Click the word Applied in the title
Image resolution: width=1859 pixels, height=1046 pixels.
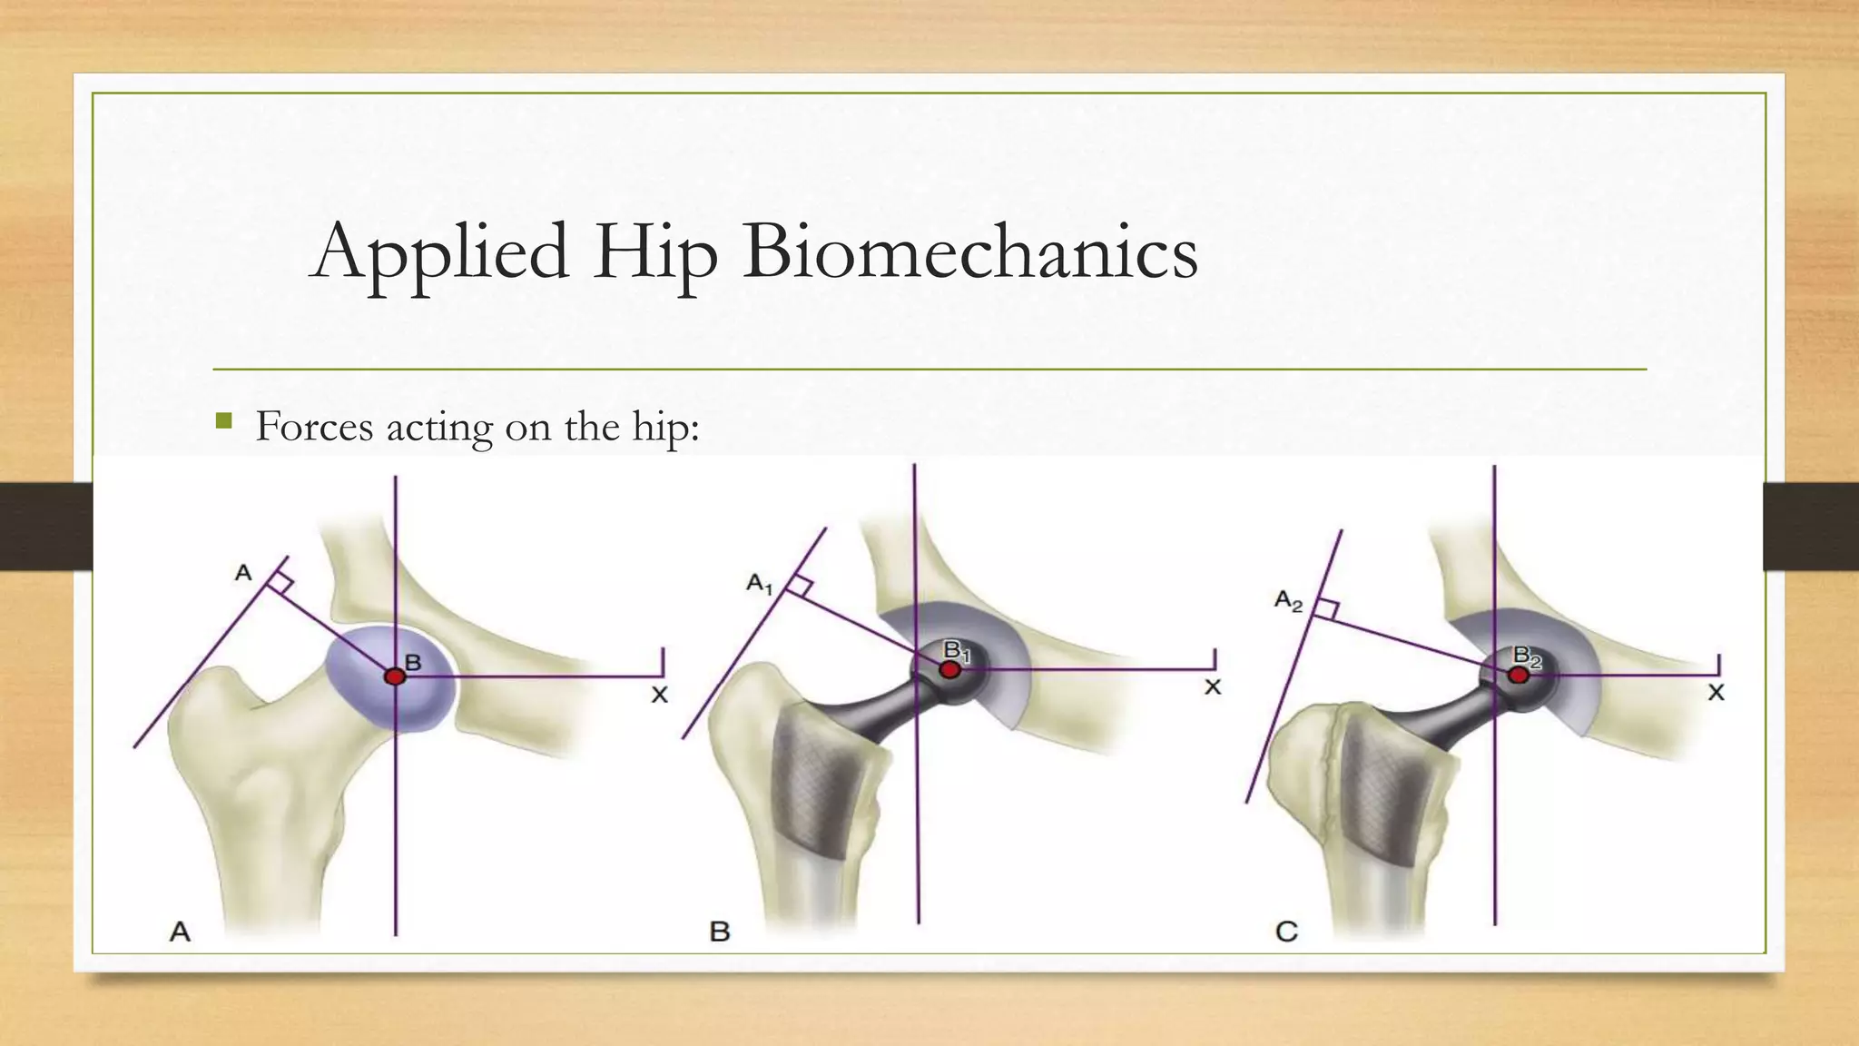(440, 252)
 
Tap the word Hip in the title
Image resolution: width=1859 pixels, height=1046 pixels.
(655, 252)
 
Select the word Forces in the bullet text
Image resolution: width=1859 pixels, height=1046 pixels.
(314, 426)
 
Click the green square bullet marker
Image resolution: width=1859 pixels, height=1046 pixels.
(224, 420)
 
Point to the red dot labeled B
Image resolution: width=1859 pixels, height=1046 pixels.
(395, 676)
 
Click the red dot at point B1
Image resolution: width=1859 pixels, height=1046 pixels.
(949, 669)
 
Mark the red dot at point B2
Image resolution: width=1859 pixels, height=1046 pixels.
(1519, 675)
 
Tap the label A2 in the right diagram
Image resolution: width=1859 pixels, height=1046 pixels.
(1288, 600)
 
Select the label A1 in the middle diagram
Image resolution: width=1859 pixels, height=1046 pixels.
(759, 584)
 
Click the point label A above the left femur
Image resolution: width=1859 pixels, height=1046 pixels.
(243, 573)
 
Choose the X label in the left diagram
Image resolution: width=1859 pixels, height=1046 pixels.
(660, 695)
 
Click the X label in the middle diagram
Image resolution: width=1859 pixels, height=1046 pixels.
(1213, 687)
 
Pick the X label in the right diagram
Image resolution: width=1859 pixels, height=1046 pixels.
(1716, 693)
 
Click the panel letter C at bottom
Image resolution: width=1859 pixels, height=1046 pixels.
(1286, 932)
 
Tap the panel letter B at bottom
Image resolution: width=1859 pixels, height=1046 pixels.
(720, 932)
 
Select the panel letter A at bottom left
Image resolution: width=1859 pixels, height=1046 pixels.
(181, 932)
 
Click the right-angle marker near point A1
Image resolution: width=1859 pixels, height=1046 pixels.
(800, 586)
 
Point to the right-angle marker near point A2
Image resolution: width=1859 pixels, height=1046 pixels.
(1326, 609)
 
